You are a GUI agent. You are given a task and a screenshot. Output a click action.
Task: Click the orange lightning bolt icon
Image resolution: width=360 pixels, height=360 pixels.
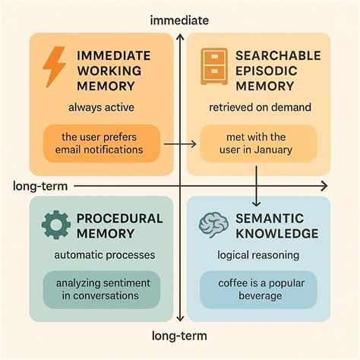click(54, 67)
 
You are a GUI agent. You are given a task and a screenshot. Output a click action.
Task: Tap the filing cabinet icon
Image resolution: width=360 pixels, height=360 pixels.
click(214, 66)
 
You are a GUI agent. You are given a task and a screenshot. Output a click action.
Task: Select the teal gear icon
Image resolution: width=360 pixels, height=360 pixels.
click(56, 225)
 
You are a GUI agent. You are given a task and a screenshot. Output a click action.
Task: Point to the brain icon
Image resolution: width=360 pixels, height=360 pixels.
click(213, 225)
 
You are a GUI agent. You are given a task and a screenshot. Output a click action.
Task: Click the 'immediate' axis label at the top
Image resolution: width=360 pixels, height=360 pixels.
click(179, 21)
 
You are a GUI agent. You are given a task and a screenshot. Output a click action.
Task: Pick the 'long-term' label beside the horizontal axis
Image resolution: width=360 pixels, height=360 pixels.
click(40, 186)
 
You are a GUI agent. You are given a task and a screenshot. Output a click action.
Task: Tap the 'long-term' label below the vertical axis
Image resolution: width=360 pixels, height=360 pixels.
click(179, 336)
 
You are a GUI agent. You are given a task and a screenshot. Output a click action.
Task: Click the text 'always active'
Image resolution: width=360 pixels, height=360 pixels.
click(101, 107)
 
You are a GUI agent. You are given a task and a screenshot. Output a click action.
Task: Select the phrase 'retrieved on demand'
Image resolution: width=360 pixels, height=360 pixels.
click(260, 107)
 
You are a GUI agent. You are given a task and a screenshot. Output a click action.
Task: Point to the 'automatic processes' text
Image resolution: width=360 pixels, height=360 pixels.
click(105, 255)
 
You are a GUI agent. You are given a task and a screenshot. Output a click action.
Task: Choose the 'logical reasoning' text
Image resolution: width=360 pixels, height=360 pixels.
click(258, 255)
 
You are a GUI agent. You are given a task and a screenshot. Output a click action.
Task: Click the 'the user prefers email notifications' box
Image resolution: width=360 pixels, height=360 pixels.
click(102, 144)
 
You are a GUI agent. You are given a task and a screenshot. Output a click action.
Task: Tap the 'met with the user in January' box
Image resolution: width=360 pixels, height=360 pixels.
click(258, 144)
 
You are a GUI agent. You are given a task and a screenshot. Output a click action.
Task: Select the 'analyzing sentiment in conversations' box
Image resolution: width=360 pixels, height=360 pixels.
click(102, 289)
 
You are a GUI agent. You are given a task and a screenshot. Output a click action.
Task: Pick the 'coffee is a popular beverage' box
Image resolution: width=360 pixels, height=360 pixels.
click(258, 289)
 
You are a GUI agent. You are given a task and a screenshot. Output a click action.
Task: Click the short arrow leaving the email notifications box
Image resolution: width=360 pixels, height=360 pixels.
click(180, 144)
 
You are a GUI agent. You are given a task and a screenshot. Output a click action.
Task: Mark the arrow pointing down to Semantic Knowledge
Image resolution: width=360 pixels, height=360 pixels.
click(257, 186)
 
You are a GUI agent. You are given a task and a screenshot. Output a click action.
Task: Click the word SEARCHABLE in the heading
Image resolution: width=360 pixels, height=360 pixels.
click(278, 55)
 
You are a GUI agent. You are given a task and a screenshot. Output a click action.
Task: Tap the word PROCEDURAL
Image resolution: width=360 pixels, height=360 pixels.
click(119, 219)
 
